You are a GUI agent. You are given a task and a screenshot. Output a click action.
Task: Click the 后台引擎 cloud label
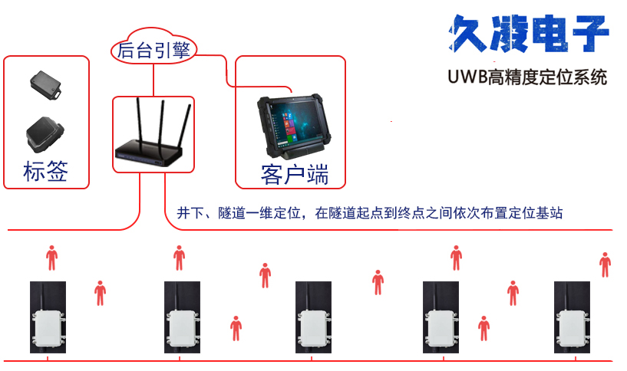click(x=153, y=51)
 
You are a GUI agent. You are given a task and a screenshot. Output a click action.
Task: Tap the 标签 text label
click(x=46, y=171)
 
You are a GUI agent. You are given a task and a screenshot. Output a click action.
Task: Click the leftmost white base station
click(x=48, y=327)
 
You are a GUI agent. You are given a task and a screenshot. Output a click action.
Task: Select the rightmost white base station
click(x=575, y=327)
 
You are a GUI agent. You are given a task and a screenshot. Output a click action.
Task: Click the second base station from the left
click(x=183, y=327)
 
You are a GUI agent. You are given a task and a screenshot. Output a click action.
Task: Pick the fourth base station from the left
click(x=444, y=327)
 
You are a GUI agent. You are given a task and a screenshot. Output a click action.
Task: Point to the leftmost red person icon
click(x=51, y=258)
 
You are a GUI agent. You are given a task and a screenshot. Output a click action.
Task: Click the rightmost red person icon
click(x=605, y=264)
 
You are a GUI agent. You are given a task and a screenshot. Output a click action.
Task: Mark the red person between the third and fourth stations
click(x=378, y=281)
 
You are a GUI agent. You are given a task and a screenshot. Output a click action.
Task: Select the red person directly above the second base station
click(x=179, y=258)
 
